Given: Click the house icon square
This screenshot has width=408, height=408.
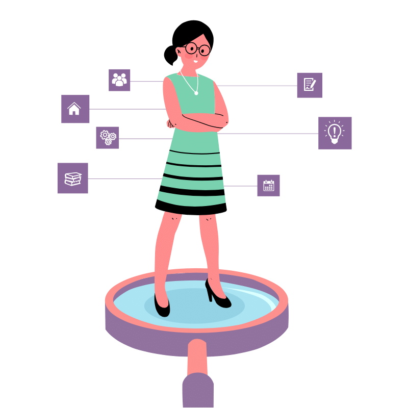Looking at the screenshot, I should click(x=75, y=109).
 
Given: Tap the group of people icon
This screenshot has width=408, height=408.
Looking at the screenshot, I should click(x=119, y=80).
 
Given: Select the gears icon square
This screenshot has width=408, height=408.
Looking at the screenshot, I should click(x=107, y=138).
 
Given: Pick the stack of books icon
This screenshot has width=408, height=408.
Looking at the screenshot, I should click(x=72, y=178).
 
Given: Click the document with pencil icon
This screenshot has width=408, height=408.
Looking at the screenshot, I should click(x=310, y=85).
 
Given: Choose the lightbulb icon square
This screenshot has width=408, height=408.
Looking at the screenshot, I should click(x=335, y=133).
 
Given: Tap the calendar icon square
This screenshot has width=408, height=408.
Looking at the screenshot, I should click(x=268, y=185).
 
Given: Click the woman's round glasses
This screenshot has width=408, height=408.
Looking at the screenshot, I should click(x=197, y=49).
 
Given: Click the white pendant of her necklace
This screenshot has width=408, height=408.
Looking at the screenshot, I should click(x=196, y=93).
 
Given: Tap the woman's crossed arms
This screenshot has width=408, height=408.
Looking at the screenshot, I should click(x=199, y=121).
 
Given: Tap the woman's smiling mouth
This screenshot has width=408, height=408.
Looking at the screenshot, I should click(x=195, y=61).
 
